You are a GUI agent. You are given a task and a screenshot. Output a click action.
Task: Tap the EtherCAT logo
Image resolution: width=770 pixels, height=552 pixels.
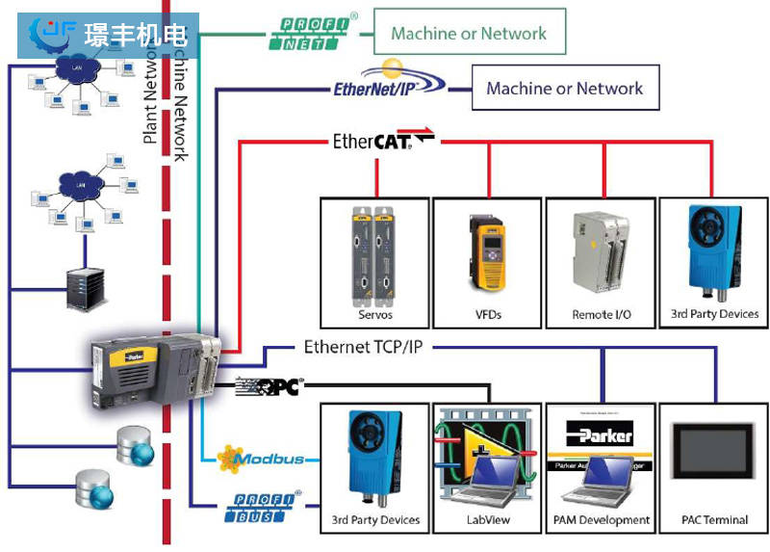(x=382, y=141)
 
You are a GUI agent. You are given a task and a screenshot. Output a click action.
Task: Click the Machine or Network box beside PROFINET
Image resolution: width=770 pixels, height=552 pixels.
(x=469, y=33)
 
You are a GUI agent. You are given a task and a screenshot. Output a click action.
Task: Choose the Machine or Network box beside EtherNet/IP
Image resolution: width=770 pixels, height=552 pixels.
(x=564, y=88)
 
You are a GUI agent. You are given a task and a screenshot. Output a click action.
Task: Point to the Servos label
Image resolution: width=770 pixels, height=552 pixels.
(x=374, y=314)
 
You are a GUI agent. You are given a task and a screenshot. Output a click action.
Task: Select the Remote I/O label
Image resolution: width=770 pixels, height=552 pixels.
(x=602, y=314)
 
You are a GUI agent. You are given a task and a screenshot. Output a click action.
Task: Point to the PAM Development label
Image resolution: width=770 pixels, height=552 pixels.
(x=602, y=520)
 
